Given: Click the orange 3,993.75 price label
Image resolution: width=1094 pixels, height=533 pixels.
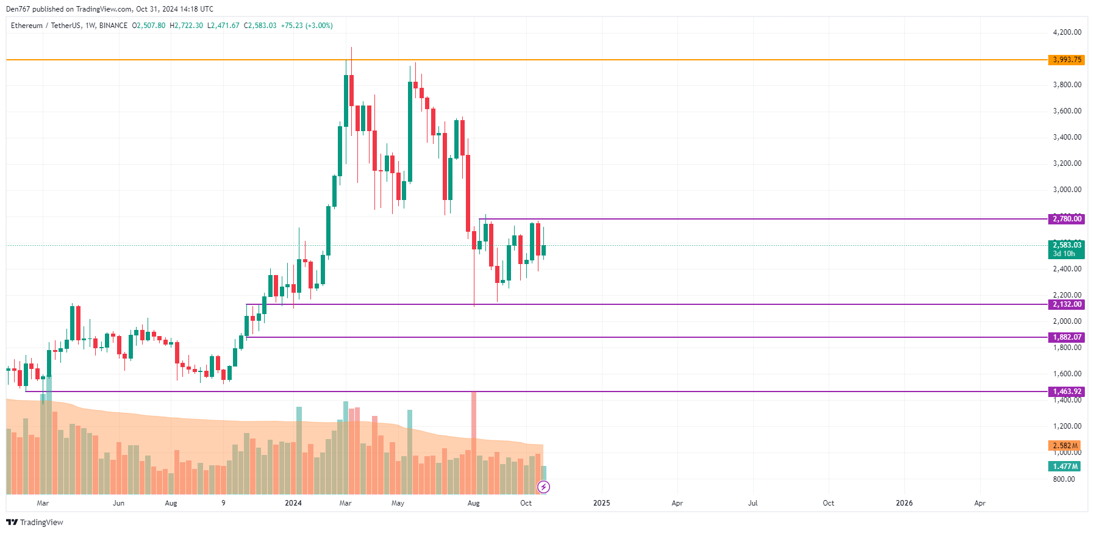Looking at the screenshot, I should (1067, 60).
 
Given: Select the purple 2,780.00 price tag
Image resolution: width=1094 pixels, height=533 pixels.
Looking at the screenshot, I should (1067, 219).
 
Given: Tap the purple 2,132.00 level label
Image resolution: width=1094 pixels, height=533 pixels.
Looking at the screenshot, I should (1067, 304).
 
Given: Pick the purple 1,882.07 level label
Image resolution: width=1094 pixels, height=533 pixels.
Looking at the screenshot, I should (1067, 337).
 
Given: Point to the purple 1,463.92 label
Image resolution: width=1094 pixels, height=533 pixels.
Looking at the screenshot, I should (1067, 392).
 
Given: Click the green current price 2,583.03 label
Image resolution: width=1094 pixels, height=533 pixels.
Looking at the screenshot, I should (1067, 245).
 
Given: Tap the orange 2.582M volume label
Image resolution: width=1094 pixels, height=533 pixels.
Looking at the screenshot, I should (1065, 446).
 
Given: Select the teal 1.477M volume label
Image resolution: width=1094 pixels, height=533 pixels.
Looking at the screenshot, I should (1065, 467).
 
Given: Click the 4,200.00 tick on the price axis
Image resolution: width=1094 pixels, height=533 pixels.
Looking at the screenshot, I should (1067, 32).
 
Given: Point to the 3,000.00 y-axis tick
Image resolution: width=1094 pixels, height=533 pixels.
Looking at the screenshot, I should (1067, 190).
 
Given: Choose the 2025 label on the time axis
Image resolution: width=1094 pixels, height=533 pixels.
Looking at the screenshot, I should (601, 503).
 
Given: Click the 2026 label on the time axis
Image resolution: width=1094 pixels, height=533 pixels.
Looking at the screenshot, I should (904, 503).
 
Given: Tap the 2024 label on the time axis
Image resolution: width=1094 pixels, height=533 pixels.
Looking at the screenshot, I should (293, 503).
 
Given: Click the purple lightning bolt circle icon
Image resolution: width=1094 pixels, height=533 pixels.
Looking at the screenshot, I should (543, 487).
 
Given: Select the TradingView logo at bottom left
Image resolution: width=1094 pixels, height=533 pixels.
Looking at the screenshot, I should (35, 522).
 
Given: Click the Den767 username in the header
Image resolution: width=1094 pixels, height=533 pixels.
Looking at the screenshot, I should (18, 9).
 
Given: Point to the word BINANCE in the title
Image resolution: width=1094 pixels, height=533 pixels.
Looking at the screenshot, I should (113, 26).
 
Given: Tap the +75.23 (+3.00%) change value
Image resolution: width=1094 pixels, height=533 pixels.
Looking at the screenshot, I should (307, 26).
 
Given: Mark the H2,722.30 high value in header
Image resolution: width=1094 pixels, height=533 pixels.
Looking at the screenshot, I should (187, 26).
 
